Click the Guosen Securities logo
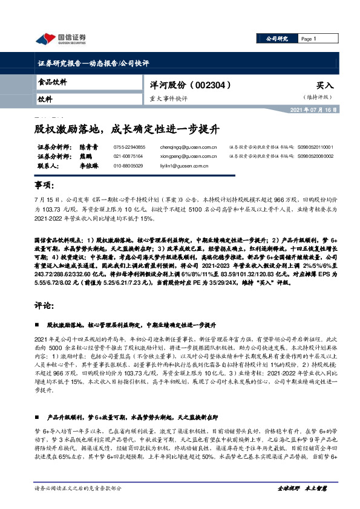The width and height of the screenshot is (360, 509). tap(61, 39)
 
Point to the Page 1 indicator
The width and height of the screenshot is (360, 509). tap(309, 39)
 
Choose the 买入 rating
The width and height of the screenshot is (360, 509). tap(325, 86)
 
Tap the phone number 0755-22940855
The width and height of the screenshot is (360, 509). tap(129, 147)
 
